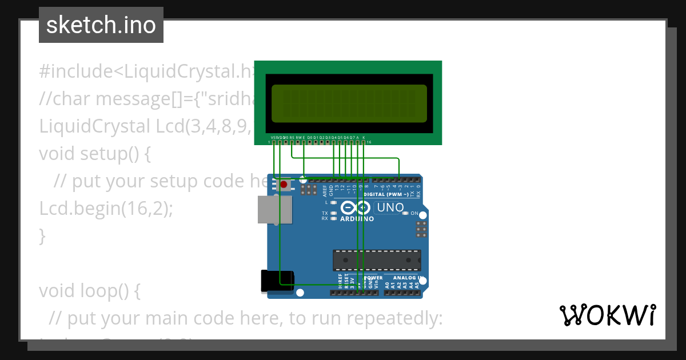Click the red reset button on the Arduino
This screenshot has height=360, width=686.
pyautogui.click(x=284, y=185)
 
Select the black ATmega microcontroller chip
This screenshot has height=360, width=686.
pyautogui.click(x=377, y=260)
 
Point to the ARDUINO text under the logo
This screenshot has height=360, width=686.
pyautogui.click(x=357, y=219)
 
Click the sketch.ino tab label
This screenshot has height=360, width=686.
pyautogui.click(x=101, y=25)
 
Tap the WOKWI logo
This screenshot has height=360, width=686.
pyautogui.click(x=607, y=315)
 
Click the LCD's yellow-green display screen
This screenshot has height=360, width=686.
pyautogui.click(x=349, y=104)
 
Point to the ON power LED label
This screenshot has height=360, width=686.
pyautogui.click(x=414, y=213)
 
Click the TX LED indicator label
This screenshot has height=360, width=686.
pyautogui.click(x=325, y=213)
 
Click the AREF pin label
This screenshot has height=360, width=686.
pyautogui.click(x=325, y=190)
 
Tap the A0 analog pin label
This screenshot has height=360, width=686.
pyautogui.click(x=387, y=284)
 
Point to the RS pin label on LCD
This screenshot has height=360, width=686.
pyautogui.click(x=292, y=138)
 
